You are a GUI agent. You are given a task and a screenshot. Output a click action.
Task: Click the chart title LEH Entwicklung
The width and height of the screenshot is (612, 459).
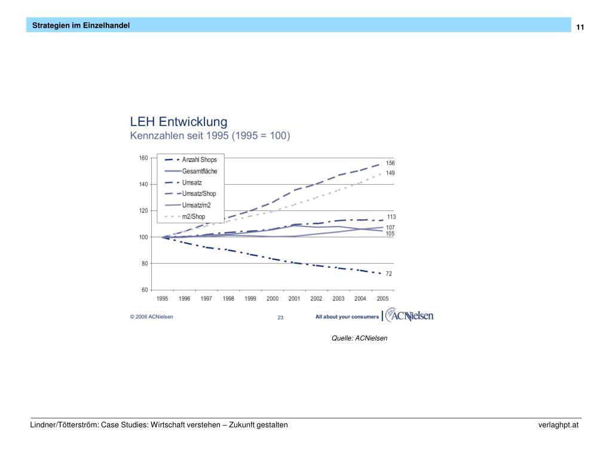tap(179, 122)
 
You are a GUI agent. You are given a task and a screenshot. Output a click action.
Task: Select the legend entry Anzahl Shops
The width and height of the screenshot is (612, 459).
tap(199, 160)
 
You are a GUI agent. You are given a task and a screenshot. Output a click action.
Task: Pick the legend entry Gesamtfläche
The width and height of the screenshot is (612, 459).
tap(200, 171)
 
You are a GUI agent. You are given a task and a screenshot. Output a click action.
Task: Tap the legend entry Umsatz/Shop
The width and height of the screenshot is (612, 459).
tap(199, 194)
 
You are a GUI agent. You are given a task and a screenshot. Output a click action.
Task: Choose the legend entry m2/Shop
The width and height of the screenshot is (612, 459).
tap(194, 216)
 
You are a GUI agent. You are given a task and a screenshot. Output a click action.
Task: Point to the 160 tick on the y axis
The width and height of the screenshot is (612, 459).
tap(143, 158)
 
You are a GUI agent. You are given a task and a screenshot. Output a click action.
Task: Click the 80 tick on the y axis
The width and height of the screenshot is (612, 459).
tap(144, 264)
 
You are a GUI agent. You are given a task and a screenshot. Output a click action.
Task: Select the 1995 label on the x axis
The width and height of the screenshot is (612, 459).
tap(163, 299)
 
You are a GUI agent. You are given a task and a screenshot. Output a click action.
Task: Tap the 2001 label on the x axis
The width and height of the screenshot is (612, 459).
tap(294, 299)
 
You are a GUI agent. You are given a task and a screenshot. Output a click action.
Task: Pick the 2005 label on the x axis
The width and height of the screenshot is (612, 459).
tap(382, 299)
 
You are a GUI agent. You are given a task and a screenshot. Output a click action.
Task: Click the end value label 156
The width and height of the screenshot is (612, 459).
tap(390, 163)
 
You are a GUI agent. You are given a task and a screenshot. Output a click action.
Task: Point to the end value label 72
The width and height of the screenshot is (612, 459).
tap(388, 274)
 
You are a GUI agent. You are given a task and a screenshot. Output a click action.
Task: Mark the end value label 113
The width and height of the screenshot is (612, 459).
tap(391, 217)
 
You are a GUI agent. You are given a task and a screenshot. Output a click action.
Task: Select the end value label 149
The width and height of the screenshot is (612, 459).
tap(390, 173)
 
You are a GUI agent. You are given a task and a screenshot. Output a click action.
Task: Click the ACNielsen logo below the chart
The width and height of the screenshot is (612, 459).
tap(409, 315)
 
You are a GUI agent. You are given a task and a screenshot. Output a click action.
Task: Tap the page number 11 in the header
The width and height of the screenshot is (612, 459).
tap(580, 27)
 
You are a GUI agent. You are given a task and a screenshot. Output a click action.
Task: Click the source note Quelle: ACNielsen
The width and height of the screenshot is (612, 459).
tap(359, 338)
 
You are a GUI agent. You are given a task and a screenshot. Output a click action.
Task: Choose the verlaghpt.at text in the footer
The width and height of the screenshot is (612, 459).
tap(558, 425)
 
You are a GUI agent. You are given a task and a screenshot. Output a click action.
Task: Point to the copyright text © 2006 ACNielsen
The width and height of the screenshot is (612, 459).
tap(152, 317)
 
